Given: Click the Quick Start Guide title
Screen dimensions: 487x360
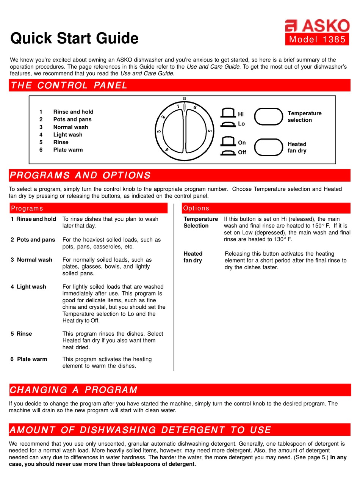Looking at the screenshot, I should pos(74,38).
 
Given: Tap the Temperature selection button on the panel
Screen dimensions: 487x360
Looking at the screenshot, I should pos(268,116).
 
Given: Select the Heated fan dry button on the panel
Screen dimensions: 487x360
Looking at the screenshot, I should pos(268,147).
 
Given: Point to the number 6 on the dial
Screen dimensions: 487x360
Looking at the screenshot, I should pos(195,108).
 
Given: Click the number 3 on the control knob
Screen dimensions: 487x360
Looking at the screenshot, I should pos(159,132).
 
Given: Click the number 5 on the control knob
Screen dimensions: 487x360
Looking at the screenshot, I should pos(210,131).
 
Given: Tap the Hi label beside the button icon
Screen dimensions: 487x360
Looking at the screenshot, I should pos(241,114).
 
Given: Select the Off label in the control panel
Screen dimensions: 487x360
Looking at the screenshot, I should pos(242,152).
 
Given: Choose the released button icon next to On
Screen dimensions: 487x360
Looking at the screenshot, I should pos(228,142).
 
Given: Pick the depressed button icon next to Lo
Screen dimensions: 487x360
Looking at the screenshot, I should pos(228,124).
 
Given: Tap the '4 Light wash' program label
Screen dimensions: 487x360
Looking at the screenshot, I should pos(28,287).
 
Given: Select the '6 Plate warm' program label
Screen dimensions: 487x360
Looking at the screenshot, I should pos(29,359).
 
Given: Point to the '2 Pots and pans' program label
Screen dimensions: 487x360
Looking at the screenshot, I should pos(33,240).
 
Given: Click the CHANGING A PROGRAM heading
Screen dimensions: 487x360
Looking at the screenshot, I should pos(74,390).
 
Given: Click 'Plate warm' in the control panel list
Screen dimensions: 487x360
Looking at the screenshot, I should pos(68,150).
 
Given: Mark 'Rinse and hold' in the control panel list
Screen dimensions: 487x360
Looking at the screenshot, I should pos(73,112).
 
